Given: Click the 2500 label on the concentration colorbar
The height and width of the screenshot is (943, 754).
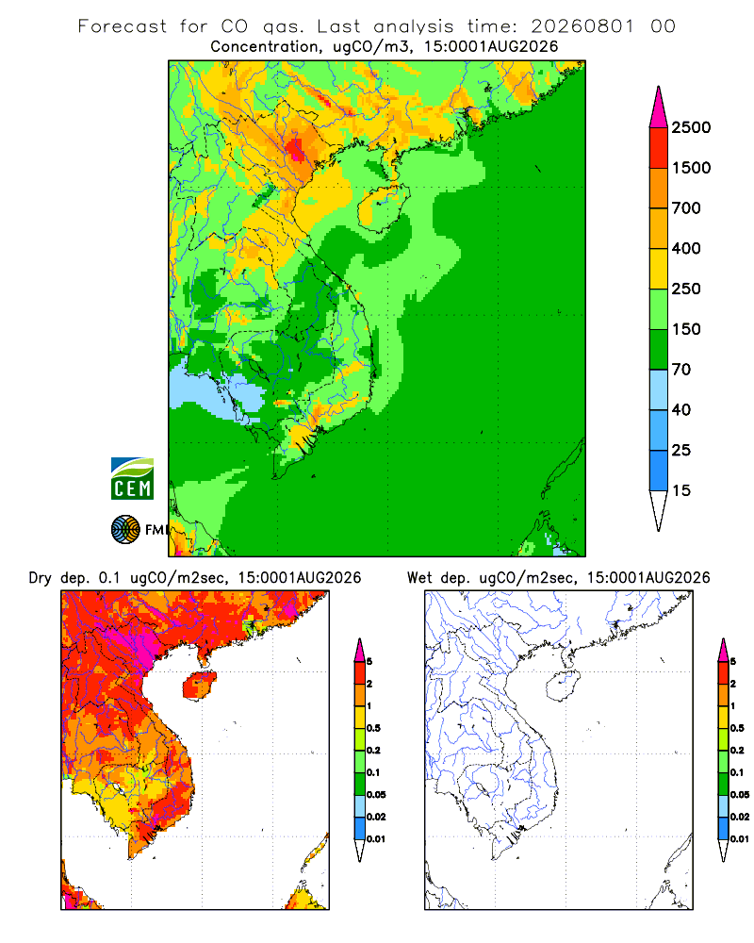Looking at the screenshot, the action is coord(691,127).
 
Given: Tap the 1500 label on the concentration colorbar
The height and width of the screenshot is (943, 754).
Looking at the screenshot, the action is coord(691,168).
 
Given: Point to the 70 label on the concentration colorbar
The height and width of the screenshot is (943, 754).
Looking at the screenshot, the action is coord(681,370).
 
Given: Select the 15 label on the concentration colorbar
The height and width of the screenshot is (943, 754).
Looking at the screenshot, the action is coord(681,490).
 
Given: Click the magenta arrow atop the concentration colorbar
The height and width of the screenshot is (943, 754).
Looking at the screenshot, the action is coord(659,108).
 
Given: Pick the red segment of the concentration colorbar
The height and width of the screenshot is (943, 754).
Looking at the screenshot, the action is coord(659,148).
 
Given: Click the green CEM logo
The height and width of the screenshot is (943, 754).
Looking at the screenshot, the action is coord(132,479).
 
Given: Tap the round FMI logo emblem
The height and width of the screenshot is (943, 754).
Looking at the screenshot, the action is coord(125,530).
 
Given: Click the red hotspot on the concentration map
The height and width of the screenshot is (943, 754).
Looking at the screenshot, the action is coord(295,149).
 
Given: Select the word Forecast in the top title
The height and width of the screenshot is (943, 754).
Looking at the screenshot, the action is coord(123,26).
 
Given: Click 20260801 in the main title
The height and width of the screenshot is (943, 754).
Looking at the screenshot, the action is coord(582,26).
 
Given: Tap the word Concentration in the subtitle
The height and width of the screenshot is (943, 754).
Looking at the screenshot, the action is coord(265,47).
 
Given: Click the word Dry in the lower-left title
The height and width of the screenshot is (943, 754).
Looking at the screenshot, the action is coord(41,578).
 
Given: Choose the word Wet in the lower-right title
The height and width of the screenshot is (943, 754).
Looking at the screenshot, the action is coord(419,578).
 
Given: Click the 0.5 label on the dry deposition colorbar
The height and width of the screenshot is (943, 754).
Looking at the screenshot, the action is coord(373,728).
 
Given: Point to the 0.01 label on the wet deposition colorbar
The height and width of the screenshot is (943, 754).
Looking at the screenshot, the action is coord(740,839).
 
